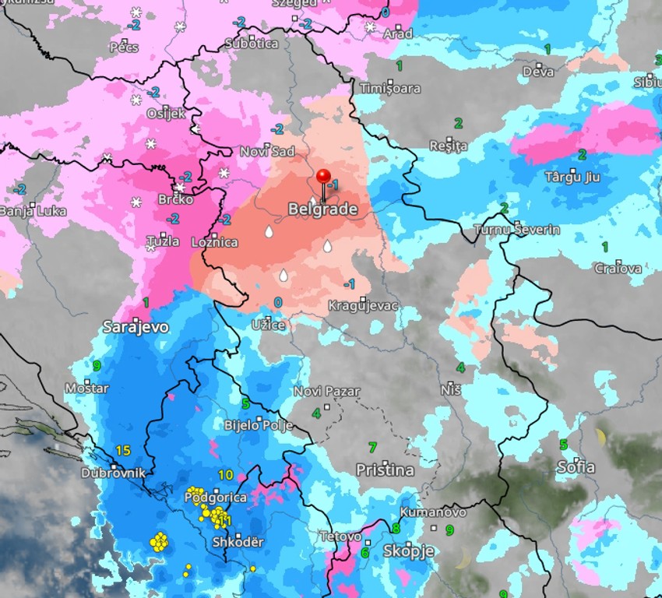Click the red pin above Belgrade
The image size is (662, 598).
pyautogui.click(x=324, y=177)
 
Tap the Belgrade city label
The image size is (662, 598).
pyautogui.click(x=322, y=209)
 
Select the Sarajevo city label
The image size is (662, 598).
pyautogui.click(x=136, y=327)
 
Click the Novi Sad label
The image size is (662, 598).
pyautogui.click(x=267, y=152)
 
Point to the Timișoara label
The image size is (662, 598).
pyautogui.click(x=389, y=89)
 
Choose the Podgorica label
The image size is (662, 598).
pyautogui.click(x=216, y=497)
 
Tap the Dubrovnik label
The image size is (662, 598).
pyautogui.click(x=113, y=472)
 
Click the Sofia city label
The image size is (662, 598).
pyautogui.click(x=576, y=467)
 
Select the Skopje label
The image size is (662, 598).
pyautogui.click(x=408, y=551)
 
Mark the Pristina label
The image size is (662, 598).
pyautogui.click(x=385, y=470)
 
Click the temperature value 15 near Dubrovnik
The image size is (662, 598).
pyautogui.click(x=122, y=450)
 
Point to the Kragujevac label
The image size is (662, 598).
pyautogui.click(x=363, y=305)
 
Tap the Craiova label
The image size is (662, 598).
pyautogui.click(x=618, y=269)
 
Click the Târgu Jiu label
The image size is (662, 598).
pyautogui.click(x=572, y=177)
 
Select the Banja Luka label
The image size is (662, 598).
pyautogui.click(x=33, y=211)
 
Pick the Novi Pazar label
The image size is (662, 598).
pyautogui.click(x=326, y=392)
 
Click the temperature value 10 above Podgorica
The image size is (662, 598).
pyautogui.click(x=226, y=475)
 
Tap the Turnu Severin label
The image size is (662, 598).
pyautogui.click(x=516, y=230)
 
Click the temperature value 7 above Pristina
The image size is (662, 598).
pyautogui.click(x=372, y=447)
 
